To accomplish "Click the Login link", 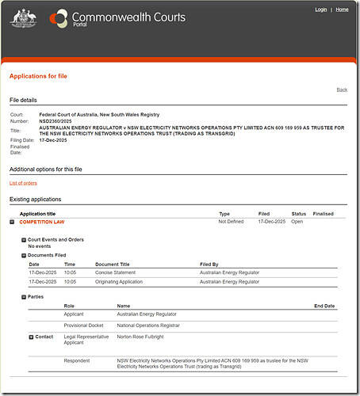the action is (320, 10).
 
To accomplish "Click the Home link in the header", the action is (342, 10).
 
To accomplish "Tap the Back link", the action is (342, 89).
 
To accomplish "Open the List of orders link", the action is (23, 183).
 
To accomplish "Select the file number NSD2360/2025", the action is (56, 122).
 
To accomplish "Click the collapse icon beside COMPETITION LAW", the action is (12, 223).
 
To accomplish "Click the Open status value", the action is (297, 223).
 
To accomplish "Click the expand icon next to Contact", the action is (31, 337).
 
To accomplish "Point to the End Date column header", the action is (324, 306).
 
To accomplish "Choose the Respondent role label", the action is (77, 360).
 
